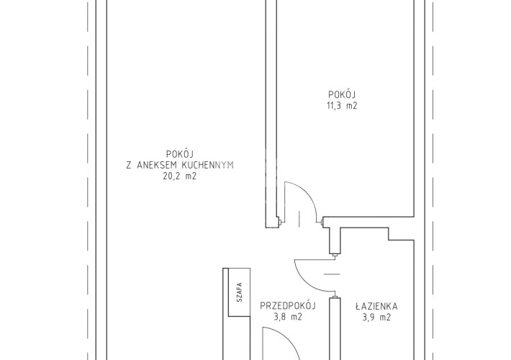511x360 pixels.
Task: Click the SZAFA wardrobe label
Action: tap(240, 292)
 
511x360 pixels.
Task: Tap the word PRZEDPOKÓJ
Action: tap(288, 306)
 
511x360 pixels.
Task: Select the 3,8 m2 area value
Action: tap(288, 317)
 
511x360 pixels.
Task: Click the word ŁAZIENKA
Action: tap(376, 306)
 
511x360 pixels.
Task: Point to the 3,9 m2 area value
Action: tap(376, 317)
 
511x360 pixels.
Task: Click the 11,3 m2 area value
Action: tap(342, 106)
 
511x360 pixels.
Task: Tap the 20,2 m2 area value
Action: tap(179, 176)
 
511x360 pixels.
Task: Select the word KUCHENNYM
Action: tap(207, 165)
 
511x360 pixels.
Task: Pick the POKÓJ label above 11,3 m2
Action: tap(342, 94)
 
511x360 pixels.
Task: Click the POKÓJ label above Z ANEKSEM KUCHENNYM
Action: tap(180, 153)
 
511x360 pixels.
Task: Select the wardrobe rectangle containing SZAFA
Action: tap(239, 292)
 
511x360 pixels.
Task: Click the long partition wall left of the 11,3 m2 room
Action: tap(271, 114)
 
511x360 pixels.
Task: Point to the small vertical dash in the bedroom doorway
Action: tap(299, 219)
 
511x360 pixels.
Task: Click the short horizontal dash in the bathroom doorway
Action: tap(332, 274)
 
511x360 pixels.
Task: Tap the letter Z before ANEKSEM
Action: tap(129, 165)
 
